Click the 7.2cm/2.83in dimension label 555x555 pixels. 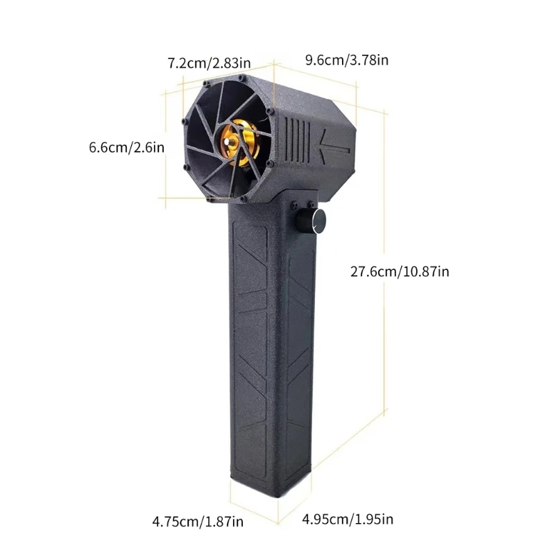[x=209, y=64]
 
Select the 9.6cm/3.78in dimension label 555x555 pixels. [x=346, y=60]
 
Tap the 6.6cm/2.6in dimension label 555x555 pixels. [x=126, y=147]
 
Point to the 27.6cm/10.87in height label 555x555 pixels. [x=400, y=271]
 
